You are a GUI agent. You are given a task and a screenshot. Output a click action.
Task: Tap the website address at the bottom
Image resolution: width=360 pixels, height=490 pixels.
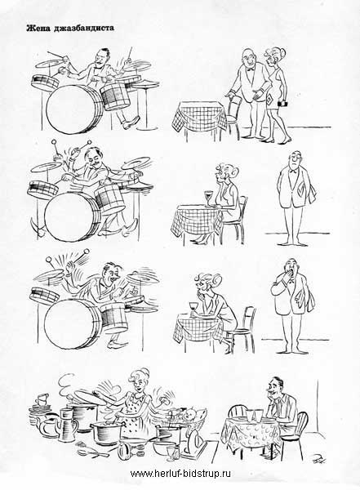coord(180,474)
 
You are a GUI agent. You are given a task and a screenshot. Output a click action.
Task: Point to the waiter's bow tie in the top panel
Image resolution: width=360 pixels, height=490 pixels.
coord(250,69)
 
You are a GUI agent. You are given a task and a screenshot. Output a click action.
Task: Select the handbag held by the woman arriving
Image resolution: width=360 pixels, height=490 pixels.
coord(282,104)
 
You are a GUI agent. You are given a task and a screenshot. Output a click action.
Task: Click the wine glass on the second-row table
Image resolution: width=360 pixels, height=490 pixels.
coord(209,198)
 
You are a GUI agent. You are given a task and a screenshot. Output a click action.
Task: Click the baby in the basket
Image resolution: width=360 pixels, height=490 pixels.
coord(190,416)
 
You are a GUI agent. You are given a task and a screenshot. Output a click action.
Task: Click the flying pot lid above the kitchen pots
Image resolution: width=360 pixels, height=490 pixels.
coord(93,396)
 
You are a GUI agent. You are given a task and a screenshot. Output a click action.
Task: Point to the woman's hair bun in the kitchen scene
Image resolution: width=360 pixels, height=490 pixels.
coord(144,372)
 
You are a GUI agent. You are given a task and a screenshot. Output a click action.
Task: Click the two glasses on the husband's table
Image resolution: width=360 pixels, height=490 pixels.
coord(255,414)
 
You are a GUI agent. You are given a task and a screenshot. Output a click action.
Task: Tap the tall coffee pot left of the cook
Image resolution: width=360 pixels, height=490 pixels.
coord(67,424)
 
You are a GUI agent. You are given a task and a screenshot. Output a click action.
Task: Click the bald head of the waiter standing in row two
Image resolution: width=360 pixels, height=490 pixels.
coord(295,156)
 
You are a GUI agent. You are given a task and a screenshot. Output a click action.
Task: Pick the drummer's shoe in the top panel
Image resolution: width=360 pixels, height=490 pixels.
coord(131,122)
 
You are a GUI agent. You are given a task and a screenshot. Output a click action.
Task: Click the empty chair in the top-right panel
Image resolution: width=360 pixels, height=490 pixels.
coord(233,116)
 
